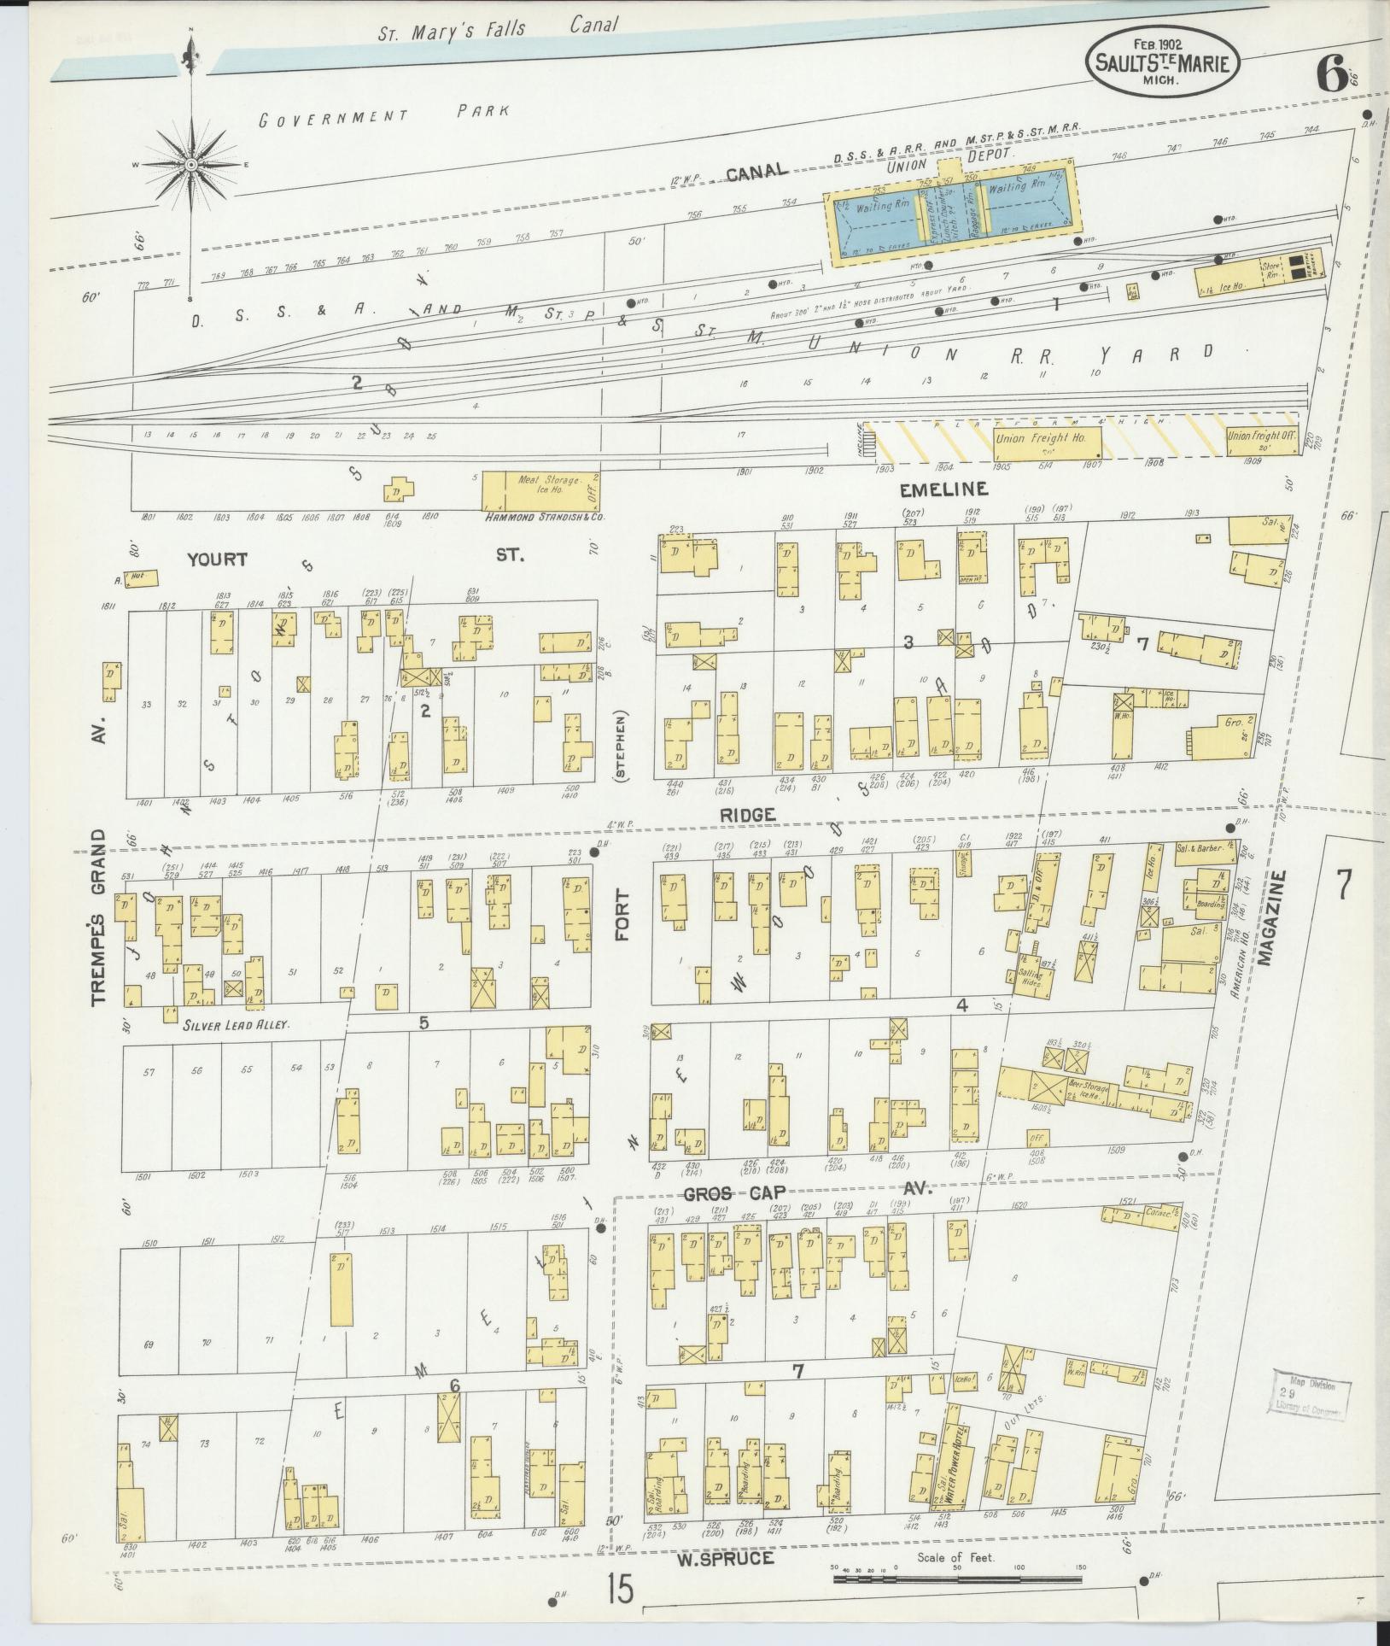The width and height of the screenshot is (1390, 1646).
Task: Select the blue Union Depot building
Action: pyautogui.click(x=951, y=212)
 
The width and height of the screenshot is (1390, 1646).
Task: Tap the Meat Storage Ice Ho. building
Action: pyautogui.click(x=542, y=489)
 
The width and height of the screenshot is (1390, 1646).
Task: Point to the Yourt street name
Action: pyautogui.click(x=217, y=559)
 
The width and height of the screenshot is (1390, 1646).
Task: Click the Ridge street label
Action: pyautogui.click(x=747, y=815)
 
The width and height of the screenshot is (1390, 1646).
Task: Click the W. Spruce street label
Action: pyautogui.click(x=726, y=1558)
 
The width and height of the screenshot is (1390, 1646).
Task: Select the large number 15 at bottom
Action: pyautogui.click(x=622, y=1590)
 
